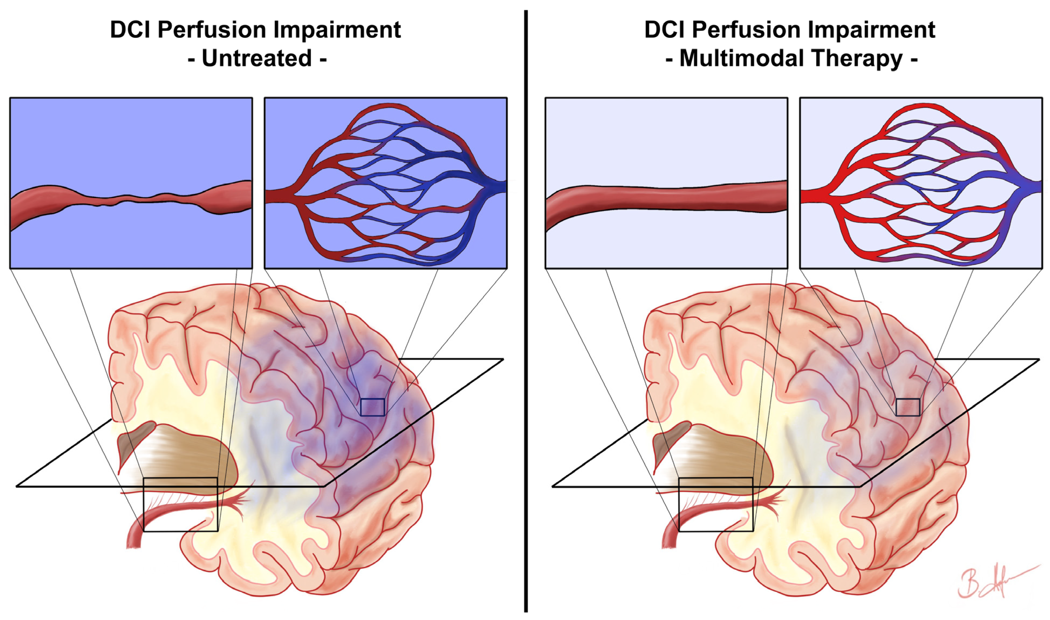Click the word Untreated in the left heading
[x=257, y=58]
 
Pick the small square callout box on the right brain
[x=908, y=407]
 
